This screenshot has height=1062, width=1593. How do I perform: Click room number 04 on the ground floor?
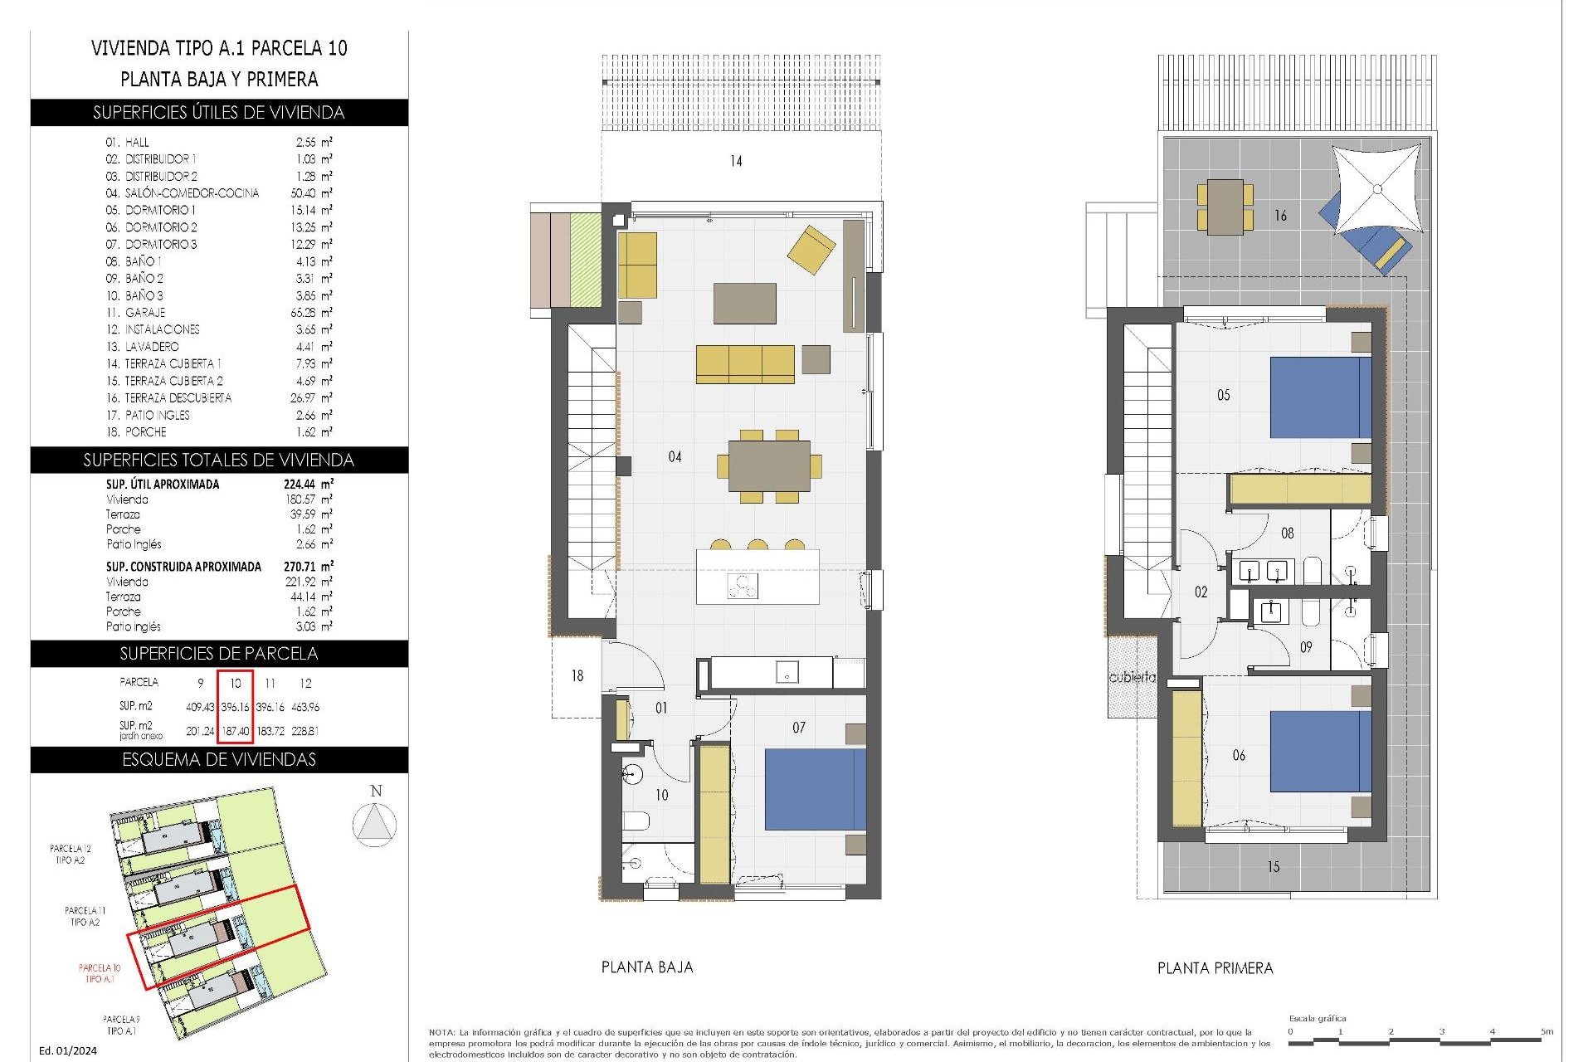tap(675, 457)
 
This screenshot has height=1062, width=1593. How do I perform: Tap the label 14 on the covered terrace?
tap(736, 161)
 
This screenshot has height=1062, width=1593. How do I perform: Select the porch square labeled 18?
tap(577, 676)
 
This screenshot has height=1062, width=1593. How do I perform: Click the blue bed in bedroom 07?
tap(815, 789)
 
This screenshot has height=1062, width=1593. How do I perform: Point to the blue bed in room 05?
tap(1320, 397)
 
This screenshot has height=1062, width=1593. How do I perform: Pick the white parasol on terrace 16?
tap(1377, 190)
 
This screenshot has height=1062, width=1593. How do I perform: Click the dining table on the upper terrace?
tap(1225, 207)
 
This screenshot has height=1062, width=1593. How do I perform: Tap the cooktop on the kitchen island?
tap(743, 586)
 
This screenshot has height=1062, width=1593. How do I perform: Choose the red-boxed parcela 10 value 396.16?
tap(236, 707)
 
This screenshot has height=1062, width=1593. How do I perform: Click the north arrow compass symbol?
tap(375, 825)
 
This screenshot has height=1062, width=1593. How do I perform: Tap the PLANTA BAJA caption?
tap(646, 967)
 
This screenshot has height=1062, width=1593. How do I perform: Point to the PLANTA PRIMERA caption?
tap(1215, 968)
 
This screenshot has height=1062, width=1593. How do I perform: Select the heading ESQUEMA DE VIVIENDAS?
tap(219, 760)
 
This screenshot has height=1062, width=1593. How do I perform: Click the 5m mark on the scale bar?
tap(1547, 1031)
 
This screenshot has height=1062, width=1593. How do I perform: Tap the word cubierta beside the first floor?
tap(1132, 677)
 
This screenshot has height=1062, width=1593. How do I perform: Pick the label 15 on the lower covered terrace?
tap(1273, 867)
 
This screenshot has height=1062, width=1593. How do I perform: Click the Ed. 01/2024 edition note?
tap(68, 1050)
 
